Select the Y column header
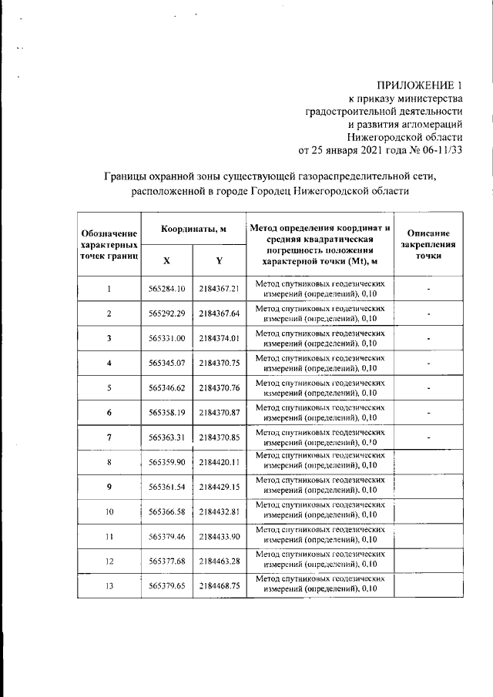[219, 260]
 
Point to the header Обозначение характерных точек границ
[109, 244]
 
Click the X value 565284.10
[167, 289]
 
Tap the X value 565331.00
[167, 338]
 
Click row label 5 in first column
[109, 387]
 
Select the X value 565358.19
[167, 412]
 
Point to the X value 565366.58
[167, 511]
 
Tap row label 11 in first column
[109, 536]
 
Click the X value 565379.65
[167, 585]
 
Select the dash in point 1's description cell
[429, 289]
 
